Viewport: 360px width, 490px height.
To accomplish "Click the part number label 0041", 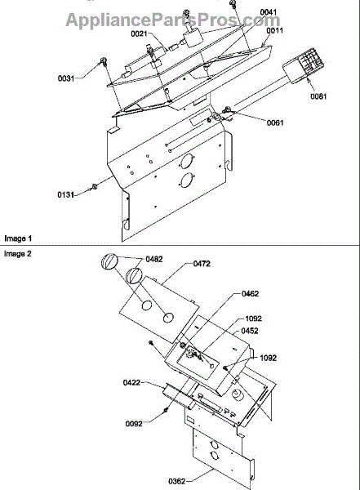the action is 269,12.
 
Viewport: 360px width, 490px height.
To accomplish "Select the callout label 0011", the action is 275,30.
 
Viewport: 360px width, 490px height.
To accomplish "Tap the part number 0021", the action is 139,33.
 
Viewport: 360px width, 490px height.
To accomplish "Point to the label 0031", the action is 66,78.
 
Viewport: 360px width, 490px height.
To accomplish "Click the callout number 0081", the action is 318,96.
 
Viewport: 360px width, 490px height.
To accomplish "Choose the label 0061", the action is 275,122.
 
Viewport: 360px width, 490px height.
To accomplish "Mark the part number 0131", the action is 65,195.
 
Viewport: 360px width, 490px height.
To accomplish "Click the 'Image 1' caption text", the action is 18,238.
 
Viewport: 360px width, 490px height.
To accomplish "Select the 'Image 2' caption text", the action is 18,254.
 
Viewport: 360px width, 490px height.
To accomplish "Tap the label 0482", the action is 154,260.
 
